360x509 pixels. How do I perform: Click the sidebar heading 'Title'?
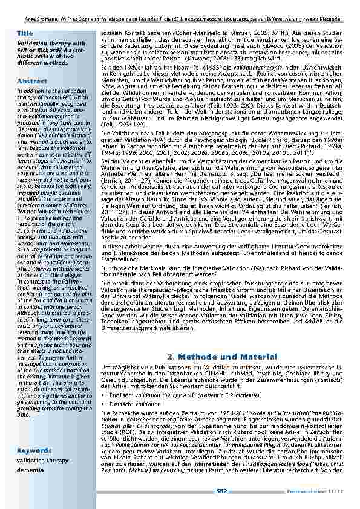(x=25, y=33)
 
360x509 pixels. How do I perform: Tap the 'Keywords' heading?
(x=34, y=450)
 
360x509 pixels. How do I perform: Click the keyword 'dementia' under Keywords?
(x=30, y=469)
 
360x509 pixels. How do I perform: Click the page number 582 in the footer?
(x=222, y=491)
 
